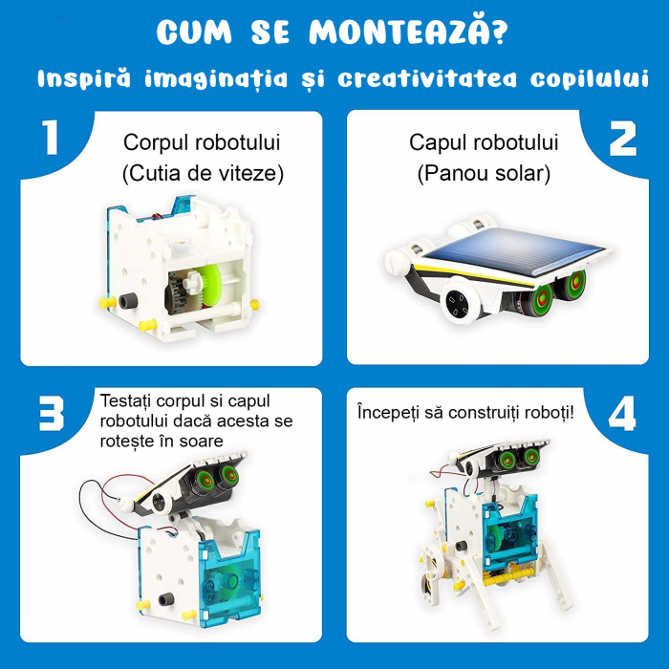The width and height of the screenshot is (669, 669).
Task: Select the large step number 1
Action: pos(51,138)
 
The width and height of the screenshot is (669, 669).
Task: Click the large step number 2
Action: pos(622,139)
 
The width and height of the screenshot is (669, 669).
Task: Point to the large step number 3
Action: pos(52,414)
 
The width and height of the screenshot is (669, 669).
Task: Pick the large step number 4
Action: pos(621,413)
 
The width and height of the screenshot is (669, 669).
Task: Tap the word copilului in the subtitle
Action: pos(590,79)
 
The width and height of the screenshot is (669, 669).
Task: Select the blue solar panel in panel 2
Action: pos(515,251)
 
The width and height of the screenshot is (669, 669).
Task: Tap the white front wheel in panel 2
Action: pos(460,302)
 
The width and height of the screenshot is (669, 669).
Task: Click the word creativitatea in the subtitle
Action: pos(427,79)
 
